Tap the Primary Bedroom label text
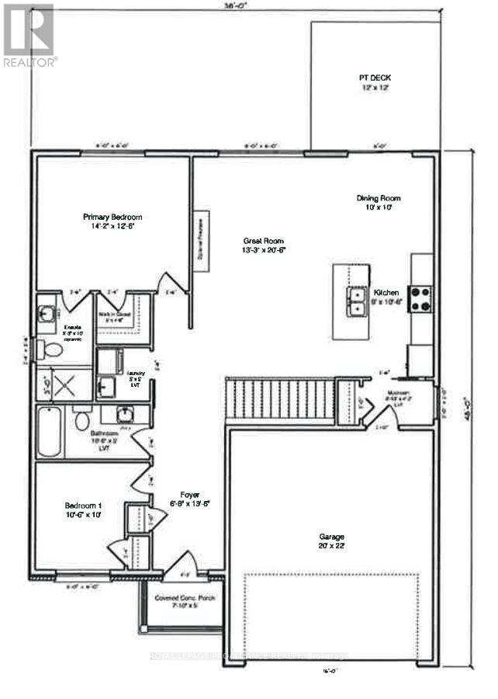point(113,221)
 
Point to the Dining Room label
point(379,202)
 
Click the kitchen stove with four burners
point(421,298)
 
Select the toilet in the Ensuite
point(52,349)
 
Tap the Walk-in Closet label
point(114,317)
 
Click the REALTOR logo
point(29,35)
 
